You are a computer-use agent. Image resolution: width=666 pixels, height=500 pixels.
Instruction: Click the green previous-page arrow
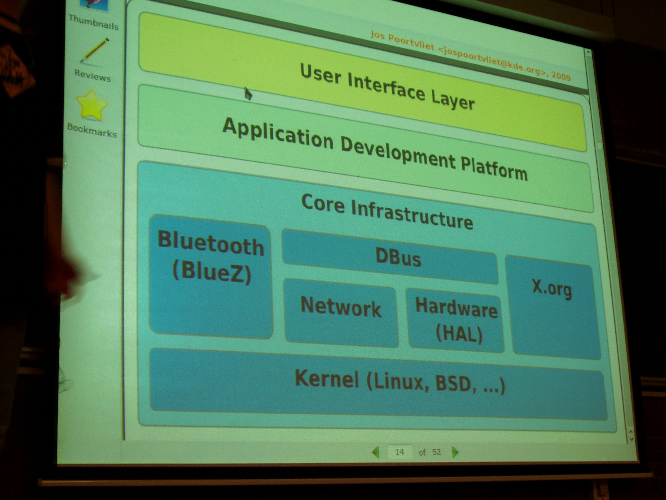coord(376,452)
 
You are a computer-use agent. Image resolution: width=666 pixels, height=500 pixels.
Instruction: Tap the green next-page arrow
coord(455,452)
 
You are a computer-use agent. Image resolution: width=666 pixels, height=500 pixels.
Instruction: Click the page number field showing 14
coord(400,452)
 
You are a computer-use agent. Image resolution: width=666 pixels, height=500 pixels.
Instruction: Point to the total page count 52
coord(437,452)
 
